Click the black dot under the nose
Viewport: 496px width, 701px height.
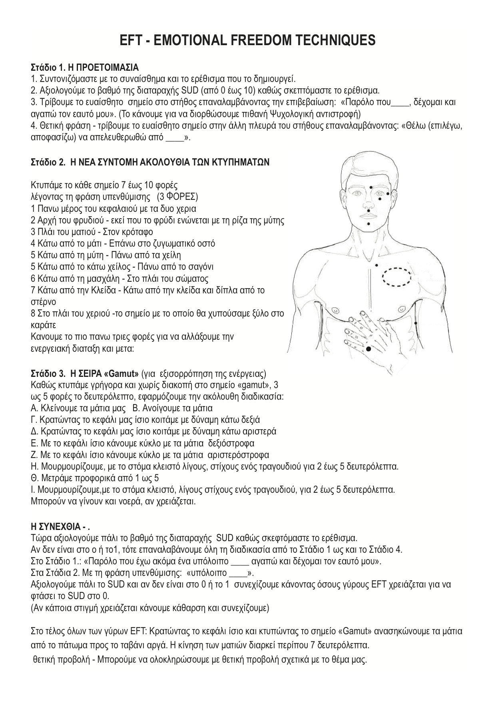(368, 210)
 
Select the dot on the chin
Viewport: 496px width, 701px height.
(368, 224)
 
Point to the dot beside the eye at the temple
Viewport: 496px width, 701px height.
(388, 194)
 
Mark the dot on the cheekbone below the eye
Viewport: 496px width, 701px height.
(380, 199)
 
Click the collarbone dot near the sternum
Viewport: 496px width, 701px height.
(376, 265)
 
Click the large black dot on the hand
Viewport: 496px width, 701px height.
(368, 349)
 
